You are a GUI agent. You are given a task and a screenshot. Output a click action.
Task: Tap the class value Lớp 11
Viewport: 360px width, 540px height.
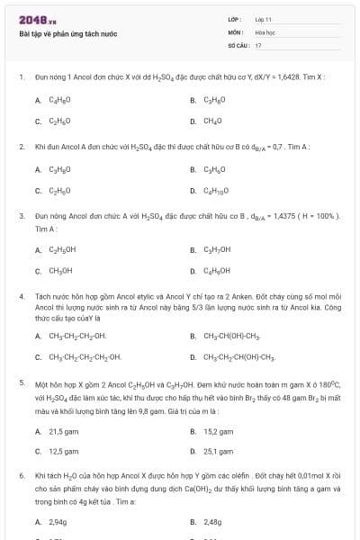click(x=264, y=19)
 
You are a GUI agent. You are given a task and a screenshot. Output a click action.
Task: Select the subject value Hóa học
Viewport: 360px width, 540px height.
click(x=265, y=31)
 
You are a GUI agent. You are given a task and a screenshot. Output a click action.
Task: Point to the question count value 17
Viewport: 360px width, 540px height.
click(x=258, y=44)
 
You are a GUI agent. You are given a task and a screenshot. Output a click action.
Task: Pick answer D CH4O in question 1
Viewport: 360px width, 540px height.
click(x=212, y=121)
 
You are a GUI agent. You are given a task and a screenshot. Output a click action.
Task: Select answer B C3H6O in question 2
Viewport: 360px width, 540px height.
click(x=214, y=169)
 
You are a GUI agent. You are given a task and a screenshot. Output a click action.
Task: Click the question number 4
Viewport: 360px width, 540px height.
click(x=21, y=295)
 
